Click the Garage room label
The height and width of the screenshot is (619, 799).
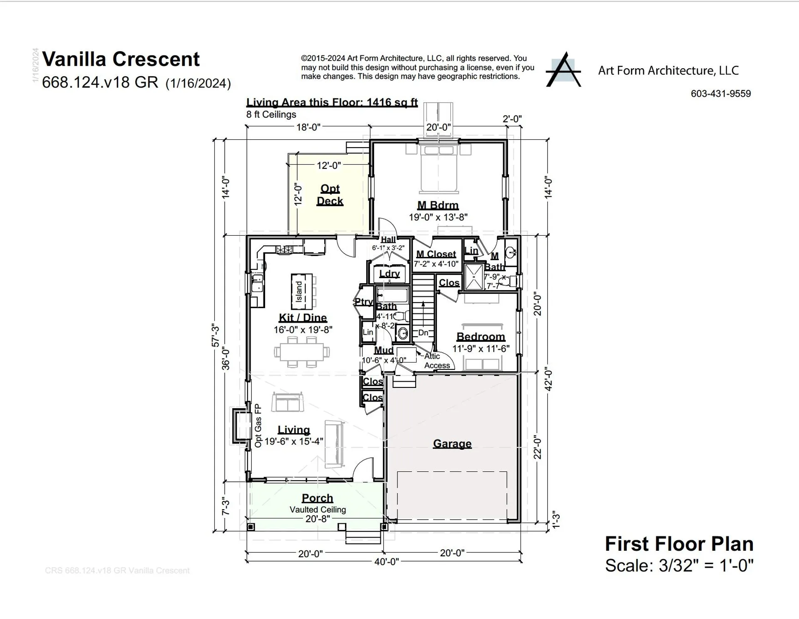point(452,444)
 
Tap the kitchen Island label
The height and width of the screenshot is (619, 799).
point(299,292)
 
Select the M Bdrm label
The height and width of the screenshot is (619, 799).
point(438,205)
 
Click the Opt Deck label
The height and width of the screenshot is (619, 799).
point(330,195)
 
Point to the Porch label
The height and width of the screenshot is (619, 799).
point(318,498)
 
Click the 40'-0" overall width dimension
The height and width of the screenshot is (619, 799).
point(387,562)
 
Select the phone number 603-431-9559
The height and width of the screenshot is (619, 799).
point(721,94)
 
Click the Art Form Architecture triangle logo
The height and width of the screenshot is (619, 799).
point(563,70)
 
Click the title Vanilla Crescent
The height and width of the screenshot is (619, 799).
point(121,59)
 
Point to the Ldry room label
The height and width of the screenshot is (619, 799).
point(390,274)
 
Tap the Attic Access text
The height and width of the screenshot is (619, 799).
point(436,361)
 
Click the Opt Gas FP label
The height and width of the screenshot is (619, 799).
point(258,426)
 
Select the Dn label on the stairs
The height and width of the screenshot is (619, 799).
point(423,333)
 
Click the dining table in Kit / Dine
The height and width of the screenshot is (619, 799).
point(302,352)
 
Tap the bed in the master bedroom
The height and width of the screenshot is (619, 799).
point(439,168)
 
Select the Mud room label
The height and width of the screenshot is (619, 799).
point(383,350)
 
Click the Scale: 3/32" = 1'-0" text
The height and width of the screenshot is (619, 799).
point(679,565)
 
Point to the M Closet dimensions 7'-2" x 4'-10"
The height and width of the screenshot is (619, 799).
point(436,264)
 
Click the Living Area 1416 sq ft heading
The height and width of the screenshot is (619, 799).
point(332,102)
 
